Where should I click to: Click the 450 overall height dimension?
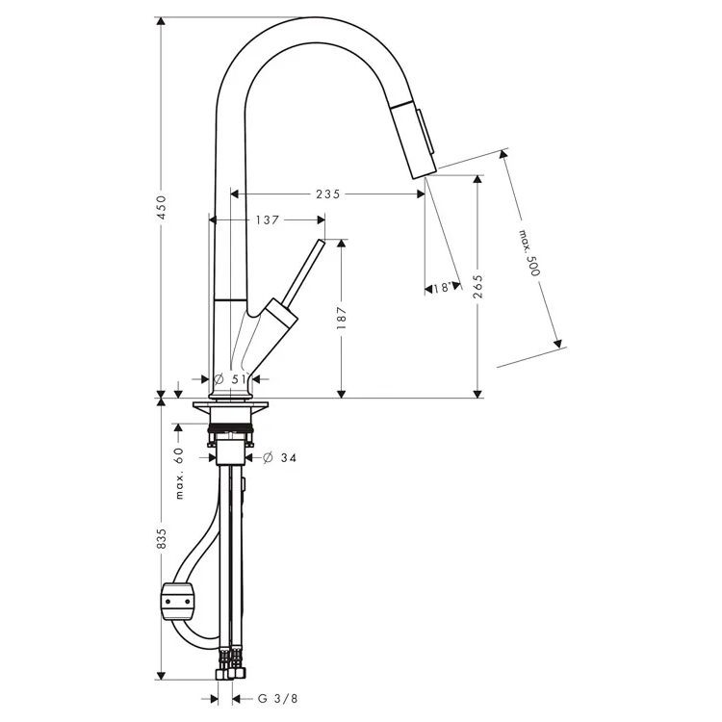pyautogui.click(x=161, y=207)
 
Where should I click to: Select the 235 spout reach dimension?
pyautogui.click(x=328, y=194)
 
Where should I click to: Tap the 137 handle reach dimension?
pyautogui.click(x=268, y=220)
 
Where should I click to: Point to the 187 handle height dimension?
pyautogui.click(x=341, y=318)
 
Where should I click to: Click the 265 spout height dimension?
pyautogui.click(x=477, y=287)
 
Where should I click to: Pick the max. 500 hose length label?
pyautogui.click(x=529, y=253)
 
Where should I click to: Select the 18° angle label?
pyautogui.click(x=441, y=288)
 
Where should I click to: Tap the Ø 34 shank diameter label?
pyautogui.click(x=279, y=457)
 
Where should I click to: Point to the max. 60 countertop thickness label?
pyautogui.click(x=179, y=474)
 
